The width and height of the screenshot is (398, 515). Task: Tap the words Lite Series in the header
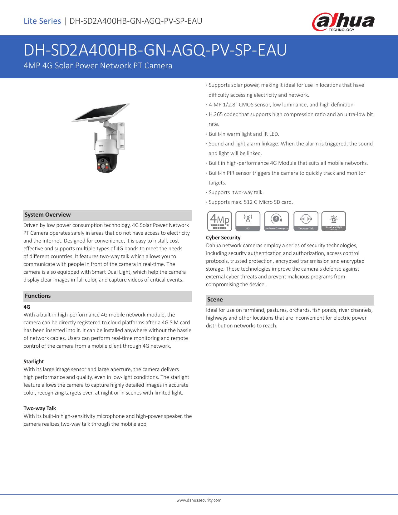click(42, 21)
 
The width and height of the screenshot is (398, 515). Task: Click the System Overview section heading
click(48, 215)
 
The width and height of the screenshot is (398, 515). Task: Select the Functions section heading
click(38, 296)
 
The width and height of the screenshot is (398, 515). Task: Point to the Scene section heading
click(215, 300)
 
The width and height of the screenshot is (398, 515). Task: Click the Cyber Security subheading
click(223, 238)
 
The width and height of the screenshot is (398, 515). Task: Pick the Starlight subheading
click(34, 361)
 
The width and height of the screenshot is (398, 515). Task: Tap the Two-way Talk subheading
click(40, 408)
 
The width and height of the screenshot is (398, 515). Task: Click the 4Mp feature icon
click(219, 221)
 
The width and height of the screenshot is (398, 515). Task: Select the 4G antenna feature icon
click(248, 221)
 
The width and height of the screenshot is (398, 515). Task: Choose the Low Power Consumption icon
click(277, 221)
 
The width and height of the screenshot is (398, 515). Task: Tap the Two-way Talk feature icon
click(306, 221)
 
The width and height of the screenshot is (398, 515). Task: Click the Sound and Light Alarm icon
click(334, 221)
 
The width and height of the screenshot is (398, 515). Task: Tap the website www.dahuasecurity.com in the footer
click(199, 500)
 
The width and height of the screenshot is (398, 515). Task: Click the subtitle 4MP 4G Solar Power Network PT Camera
click(98, 66)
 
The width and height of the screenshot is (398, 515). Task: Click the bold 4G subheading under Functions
click(27, 307)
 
